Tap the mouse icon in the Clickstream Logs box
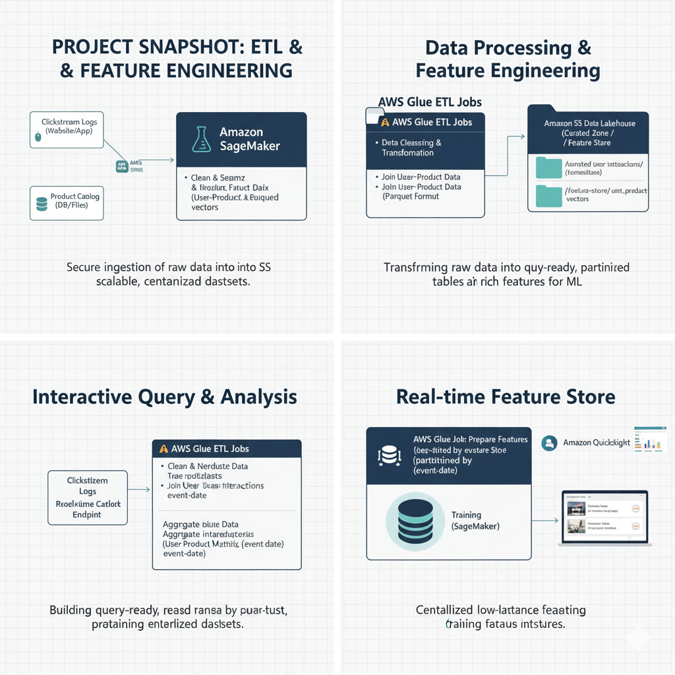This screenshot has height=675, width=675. click(38, 136)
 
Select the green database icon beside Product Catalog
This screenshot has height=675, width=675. click(42, 204)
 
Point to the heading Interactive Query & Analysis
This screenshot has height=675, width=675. click(165, 397)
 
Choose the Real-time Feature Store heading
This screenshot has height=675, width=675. click(506, 397)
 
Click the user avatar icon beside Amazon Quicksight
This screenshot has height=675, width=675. click(548, 443)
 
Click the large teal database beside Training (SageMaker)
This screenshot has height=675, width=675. click(411, 520)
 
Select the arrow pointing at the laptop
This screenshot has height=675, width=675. click(544, 521)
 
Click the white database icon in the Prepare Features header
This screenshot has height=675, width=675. click(388, 455)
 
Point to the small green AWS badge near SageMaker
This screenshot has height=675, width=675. click(121, 166)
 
